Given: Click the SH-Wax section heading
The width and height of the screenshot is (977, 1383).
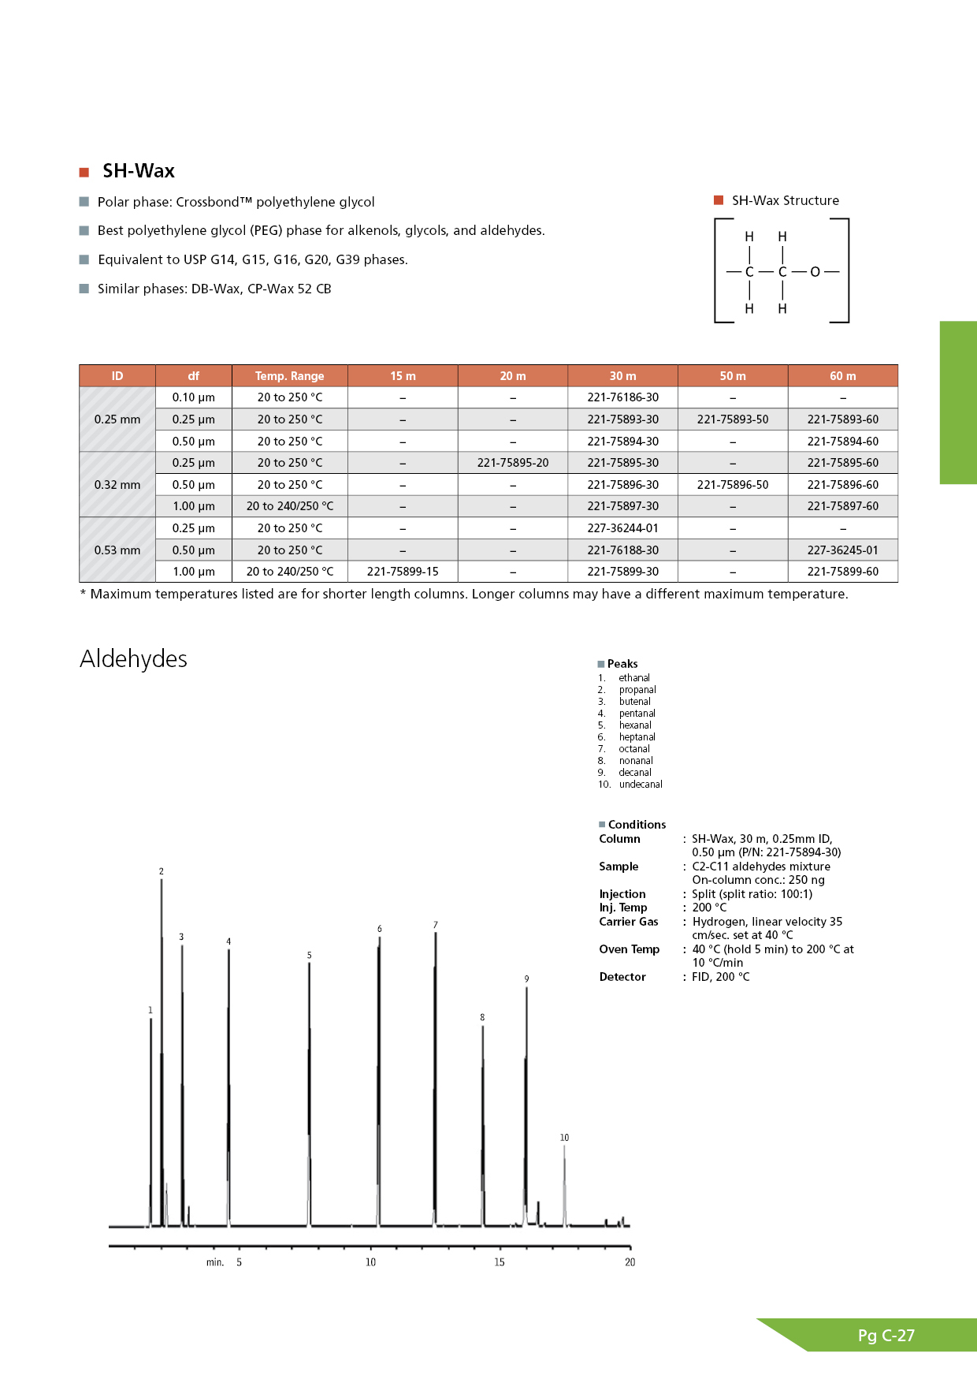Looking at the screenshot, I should (138, 171).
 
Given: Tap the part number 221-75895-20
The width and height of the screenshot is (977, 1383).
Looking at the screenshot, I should (513, 463).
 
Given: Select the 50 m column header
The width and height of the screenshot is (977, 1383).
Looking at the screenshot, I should (733, 376).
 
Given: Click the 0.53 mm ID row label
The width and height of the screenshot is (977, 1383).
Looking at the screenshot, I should (117, 550).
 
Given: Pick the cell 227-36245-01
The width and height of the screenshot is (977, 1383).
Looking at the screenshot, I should (842, 550).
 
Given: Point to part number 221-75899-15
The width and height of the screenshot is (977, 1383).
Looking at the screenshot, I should (403, 572).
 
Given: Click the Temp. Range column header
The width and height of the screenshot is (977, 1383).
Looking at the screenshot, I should (289, 376).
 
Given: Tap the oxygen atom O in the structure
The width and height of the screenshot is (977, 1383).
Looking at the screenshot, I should (815, 272).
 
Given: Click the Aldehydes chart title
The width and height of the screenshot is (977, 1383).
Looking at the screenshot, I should (134, 658).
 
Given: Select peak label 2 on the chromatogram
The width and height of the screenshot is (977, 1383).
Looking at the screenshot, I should (162, 871).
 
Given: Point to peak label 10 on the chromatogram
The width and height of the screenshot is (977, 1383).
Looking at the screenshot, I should (564, 1138).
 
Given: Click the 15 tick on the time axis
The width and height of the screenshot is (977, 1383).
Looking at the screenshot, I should (500, 1262).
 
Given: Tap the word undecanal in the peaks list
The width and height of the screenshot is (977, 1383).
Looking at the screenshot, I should (641, 785).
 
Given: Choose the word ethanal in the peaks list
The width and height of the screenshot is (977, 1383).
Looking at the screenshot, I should (634, 678).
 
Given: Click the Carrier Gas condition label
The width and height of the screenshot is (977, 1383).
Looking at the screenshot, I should (629, 922).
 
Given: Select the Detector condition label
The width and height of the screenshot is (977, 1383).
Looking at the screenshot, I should (622, 977).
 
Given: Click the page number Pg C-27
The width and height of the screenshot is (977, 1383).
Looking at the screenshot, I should (886, 1336).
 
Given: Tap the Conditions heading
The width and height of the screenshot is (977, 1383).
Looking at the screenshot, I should (637, 825).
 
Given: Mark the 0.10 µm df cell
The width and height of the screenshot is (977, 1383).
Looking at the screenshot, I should (194, 397).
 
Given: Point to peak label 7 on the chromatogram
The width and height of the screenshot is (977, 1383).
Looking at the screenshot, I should (436, 925).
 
